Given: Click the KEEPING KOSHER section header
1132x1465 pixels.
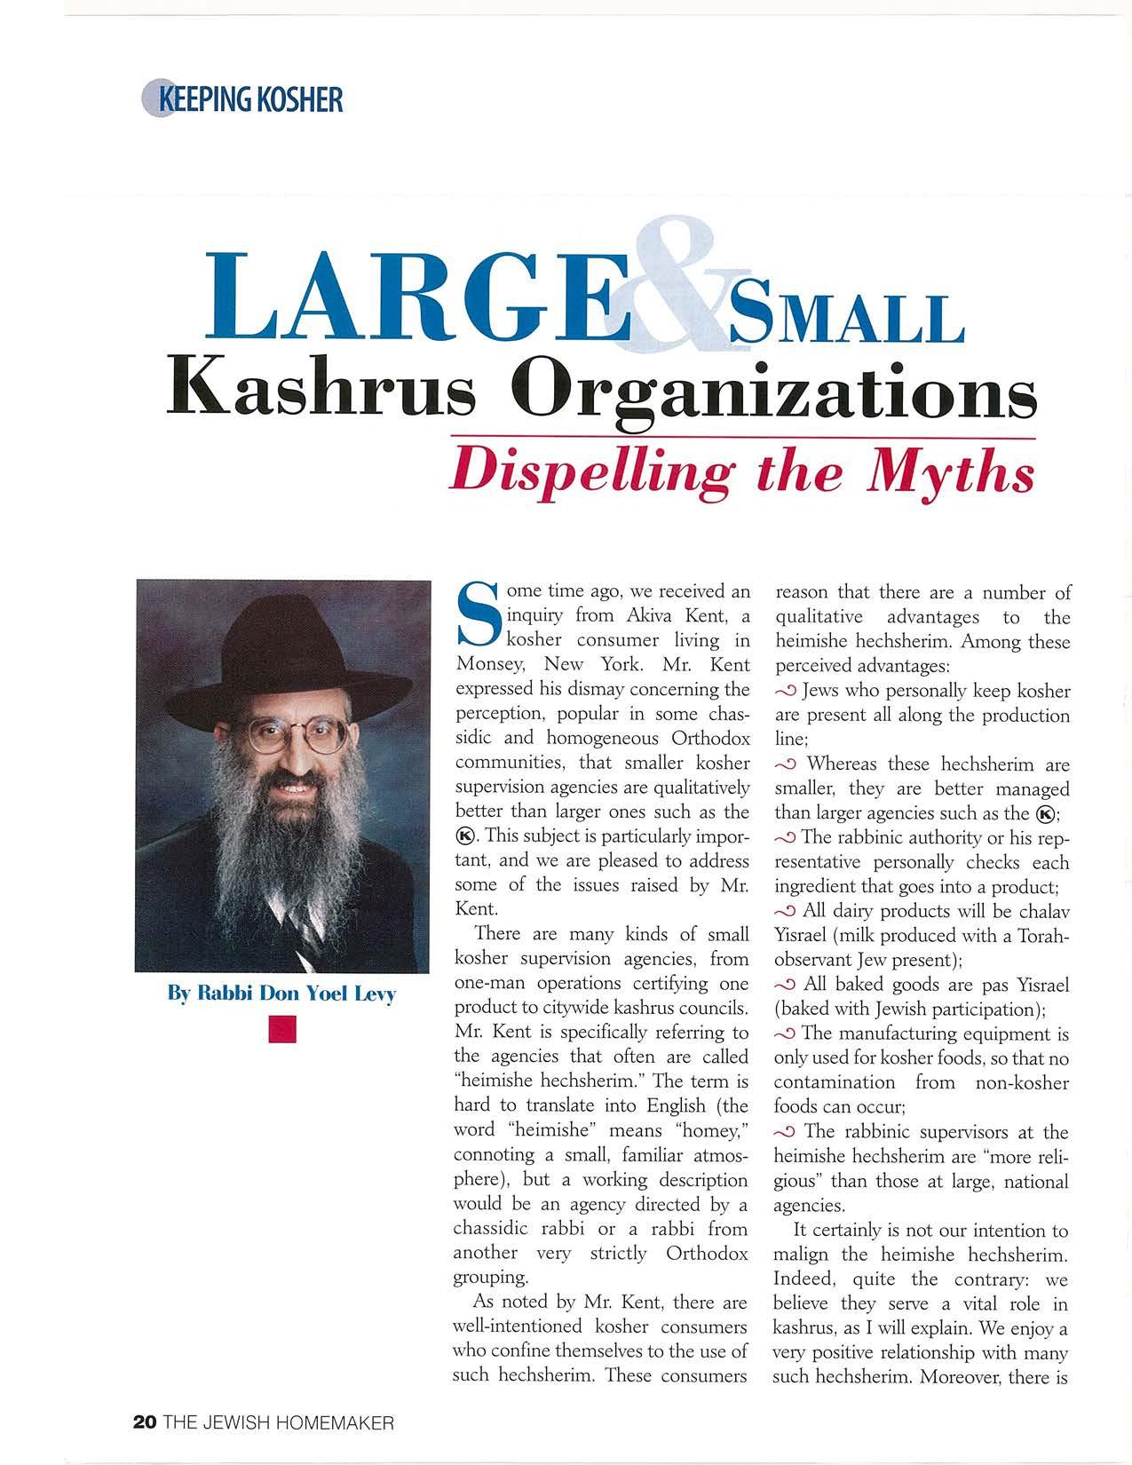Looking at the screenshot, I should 241,98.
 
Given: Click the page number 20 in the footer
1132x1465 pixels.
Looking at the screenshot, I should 144,1421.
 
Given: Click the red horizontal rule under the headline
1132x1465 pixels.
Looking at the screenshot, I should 742,438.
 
